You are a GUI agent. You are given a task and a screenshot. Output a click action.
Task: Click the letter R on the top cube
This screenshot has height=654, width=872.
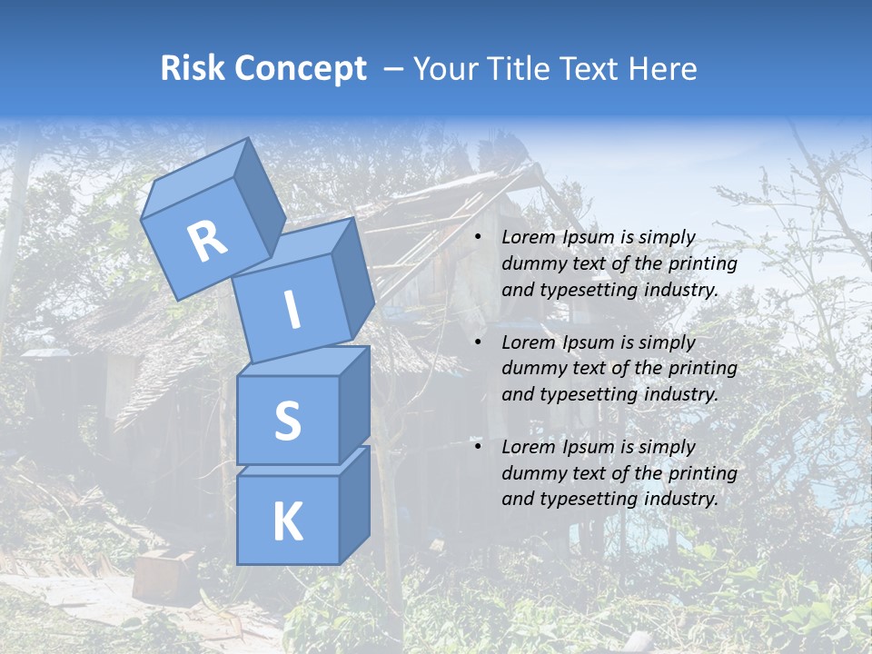click(208, 242)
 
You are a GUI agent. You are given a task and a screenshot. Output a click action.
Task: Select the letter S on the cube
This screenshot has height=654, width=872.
click(287, 421)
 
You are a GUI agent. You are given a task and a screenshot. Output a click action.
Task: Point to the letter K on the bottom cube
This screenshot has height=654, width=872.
click(287, 522)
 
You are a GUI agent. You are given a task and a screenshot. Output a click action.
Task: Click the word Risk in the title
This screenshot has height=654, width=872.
click(193, 68)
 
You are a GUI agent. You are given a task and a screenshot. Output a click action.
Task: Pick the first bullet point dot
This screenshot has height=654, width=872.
click(479, 238)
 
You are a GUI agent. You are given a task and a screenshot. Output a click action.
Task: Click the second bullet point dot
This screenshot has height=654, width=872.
click(479, 342)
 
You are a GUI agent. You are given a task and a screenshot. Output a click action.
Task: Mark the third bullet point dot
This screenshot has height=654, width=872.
click(479, 447)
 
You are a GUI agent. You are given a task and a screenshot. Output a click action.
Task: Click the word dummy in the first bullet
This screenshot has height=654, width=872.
click(530, 263)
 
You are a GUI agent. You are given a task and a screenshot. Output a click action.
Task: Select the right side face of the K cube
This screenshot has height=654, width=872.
click(354, 505)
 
